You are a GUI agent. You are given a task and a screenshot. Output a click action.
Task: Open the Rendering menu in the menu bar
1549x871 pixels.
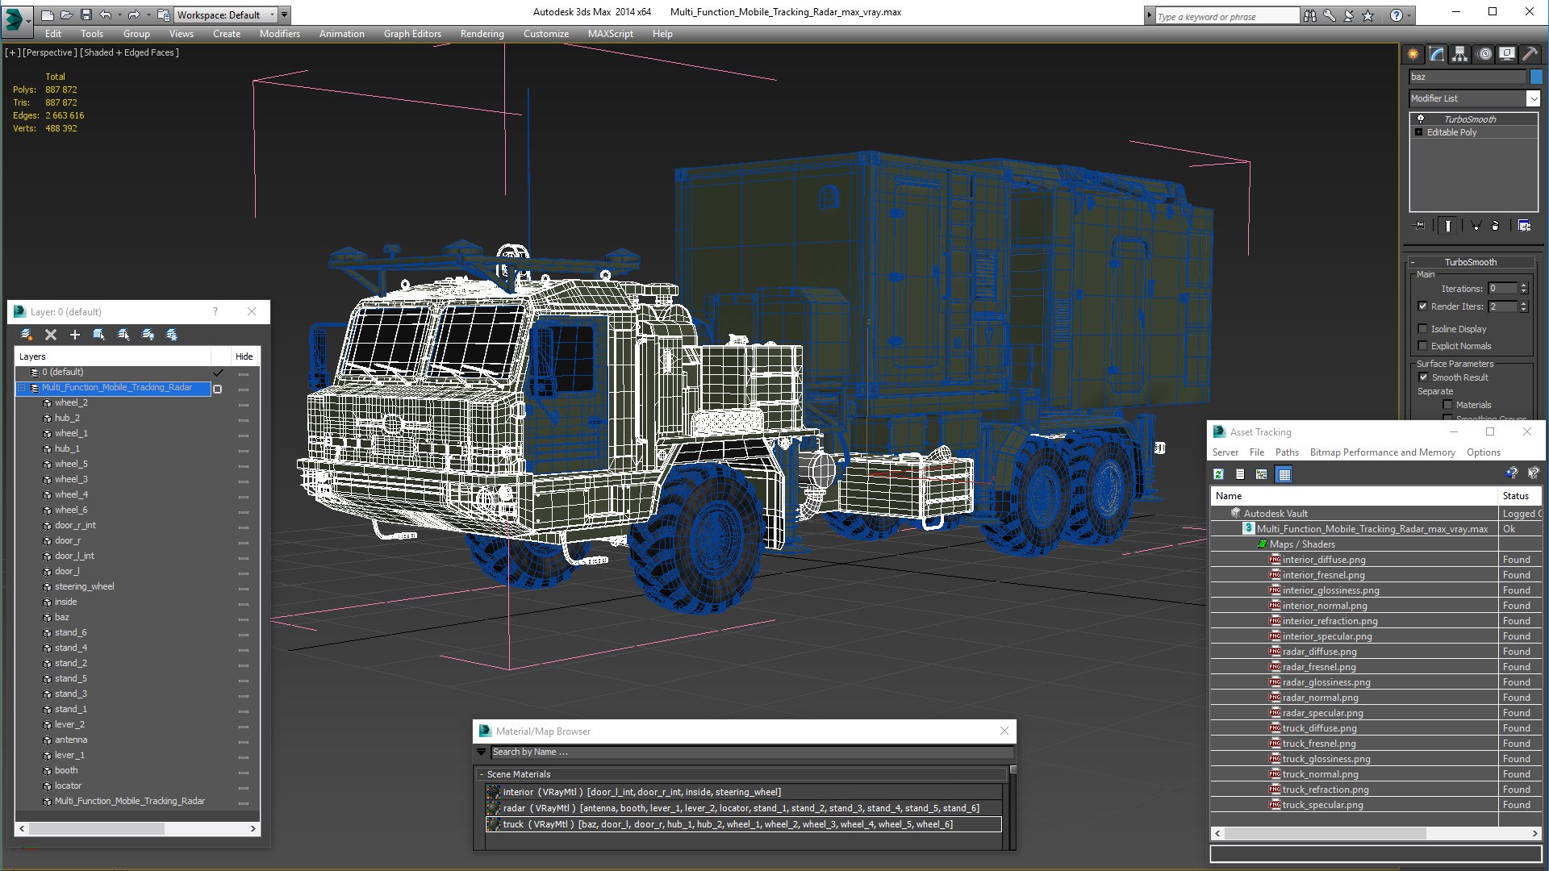[x=482, y=34]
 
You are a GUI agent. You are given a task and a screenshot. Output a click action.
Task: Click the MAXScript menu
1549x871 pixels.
[x=610, y=34]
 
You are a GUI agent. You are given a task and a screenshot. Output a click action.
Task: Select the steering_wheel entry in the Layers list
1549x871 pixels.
[x=84, y=586]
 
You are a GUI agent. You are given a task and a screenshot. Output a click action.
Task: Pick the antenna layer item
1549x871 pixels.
[x=71, y=740]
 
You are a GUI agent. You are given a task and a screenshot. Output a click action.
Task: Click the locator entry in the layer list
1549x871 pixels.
[x=68, y=786]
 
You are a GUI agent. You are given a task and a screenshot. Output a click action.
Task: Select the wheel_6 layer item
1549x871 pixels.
[x=71, y=510]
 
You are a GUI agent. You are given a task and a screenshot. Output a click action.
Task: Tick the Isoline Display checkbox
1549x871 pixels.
[x=1423, y=329]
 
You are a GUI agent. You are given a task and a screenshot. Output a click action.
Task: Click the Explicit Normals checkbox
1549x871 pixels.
[x=1423, y=346]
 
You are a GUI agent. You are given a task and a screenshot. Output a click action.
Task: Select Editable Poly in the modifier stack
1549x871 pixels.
[x=1451, y=132]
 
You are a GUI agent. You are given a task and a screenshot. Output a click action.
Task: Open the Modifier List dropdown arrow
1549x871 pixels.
[x=1533, y=98]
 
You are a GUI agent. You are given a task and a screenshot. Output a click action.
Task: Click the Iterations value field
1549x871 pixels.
[x=1502, y=289]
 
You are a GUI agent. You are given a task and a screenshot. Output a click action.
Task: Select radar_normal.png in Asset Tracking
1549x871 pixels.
[x=1320, y=698]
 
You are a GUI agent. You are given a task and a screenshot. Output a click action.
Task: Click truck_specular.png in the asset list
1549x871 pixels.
[x=1322, y=805]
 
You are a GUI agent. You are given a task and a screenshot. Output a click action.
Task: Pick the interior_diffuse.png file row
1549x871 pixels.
[x=1323, y=560]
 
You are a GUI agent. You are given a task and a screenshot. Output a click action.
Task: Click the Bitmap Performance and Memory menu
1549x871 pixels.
[x=1382, y=452]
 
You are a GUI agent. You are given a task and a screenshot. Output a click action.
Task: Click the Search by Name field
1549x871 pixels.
[x=750, y=752]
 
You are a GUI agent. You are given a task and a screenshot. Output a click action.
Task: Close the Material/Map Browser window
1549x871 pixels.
[x=1004, y=731]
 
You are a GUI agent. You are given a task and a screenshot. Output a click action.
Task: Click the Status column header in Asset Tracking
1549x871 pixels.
[x=1517, y=496]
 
